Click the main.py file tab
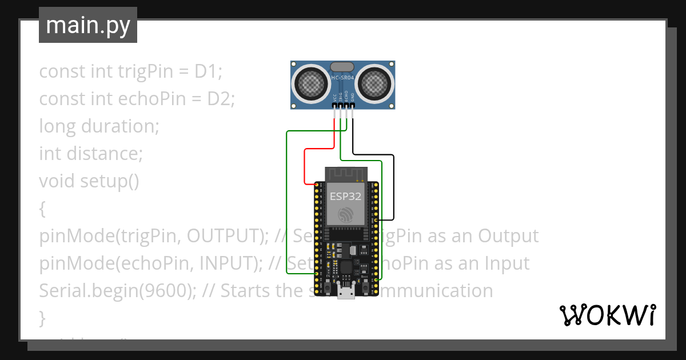pos(87,25)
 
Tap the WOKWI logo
pos(607,315)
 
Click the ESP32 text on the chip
pos(345,197)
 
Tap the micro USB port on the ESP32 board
pos(345,293)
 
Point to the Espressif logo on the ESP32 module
pos(345,215)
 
